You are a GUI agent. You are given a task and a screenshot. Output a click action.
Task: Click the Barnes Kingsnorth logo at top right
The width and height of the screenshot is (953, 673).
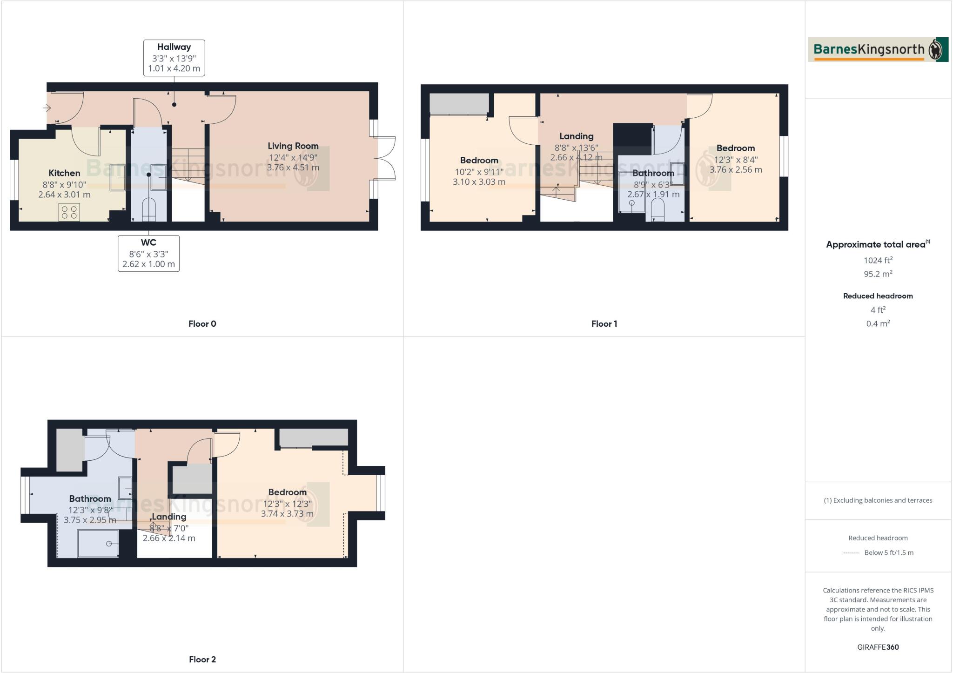[x=878, y=49]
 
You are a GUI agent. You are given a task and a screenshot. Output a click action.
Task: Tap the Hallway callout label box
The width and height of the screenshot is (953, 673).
[x=174, y=58]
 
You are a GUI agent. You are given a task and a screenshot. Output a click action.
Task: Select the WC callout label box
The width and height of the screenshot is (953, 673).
[x=148, y=253]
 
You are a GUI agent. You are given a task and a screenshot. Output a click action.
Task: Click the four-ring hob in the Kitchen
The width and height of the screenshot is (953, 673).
[x=69, y=212]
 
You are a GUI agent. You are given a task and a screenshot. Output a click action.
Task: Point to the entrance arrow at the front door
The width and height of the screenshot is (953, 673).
[x=47, y=108]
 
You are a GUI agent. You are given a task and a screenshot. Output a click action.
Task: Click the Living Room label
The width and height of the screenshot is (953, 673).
[x=293, y=146]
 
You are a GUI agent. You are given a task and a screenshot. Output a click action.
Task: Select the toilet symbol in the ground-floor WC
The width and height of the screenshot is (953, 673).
[x=148, y=209]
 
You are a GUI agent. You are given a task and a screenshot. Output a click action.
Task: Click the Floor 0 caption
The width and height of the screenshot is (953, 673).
[x=202, y=324]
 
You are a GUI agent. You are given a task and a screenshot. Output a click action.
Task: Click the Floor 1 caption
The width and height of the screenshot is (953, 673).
[x=604, y=324]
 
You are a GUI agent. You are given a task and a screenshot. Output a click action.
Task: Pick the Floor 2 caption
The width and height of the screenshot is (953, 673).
[x=202, y=660]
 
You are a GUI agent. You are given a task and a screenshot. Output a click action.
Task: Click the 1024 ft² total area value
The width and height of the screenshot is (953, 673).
[x=878, y=261]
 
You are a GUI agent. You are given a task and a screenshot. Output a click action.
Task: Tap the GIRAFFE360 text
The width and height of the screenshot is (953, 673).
[x=878, y=647]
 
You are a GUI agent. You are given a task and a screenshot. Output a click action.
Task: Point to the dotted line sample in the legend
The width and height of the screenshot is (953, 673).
[x=851, y=553]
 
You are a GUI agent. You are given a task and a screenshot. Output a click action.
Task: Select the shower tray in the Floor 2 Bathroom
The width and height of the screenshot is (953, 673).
[x=98, y=543]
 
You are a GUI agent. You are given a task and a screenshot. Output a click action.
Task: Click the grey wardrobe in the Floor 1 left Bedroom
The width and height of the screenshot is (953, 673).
[x=459, y=103]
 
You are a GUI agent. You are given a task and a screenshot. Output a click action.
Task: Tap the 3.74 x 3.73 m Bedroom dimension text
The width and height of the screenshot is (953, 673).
[x=287, y=514]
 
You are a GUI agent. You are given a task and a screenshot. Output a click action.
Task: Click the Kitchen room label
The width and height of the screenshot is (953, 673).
[x=64, y=173]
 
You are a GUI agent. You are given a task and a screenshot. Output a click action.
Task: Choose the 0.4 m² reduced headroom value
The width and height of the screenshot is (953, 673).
[x=878, y=323]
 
